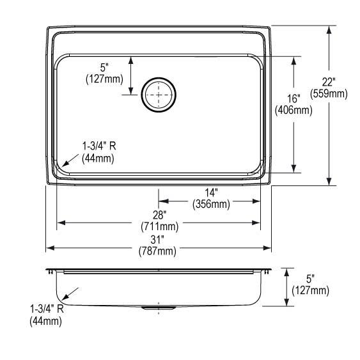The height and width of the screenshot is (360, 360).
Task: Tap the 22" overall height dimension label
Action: [x=329, y=82]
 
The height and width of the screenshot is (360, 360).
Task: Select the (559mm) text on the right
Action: [x=329, y=93]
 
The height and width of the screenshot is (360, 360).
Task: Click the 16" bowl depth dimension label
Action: [x=293, y=98]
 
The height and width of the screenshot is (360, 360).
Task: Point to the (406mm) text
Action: [x=293, y=110]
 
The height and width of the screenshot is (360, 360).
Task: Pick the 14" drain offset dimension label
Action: [x=212, y=192]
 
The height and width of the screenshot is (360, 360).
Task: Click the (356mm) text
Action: [x=212, y=204]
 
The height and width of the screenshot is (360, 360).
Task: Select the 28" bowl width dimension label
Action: [x=159, y=215]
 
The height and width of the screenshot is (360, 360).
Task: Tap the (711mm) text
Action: [x=159, y=226]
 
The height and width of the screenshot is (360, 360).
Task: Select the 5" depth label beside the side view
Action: [x=310, y=279]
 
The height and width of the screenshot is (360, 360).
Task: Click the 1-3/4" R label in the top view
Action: [x=98, y=146]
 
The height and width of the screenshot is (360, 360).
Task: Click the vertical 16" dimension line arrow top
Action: [x=294, y=59]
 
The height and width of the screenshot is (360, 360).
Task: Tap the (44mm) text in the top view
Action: [x=98, y=158]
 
